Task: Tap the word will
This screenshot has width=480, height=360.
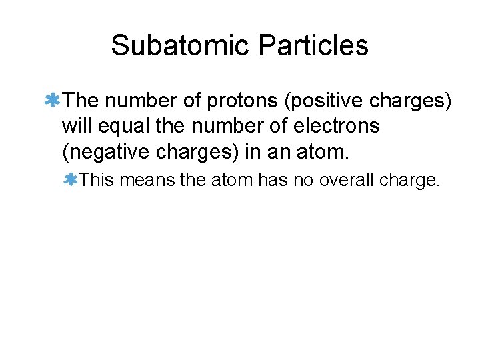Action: click(x=77, y=127)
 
